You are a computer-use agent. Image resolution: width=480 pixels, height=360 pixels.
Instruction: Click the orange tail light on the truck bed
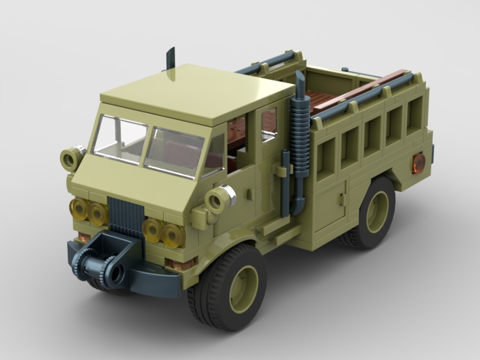point(419,162)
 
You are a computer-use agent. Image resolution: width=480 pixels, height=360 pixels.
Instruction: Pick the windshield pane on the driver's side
point(119,139)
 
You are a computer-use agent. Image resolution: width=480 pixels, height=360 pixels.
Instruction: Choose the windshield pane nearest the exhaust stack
point(175,152)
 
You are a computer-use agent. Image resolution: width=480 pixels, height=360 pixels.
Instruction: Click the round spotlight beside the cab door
point(217,198)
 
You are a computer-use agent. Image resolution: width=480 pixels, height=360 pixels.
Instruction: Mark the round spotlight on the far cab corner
point(71,158)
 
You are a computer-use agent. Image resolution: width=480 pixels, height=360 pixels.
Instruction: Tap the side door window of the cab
point(269,125)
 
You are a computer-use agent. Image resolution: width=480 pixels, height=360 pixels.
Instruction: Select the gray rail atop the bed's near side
point(370,97)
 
